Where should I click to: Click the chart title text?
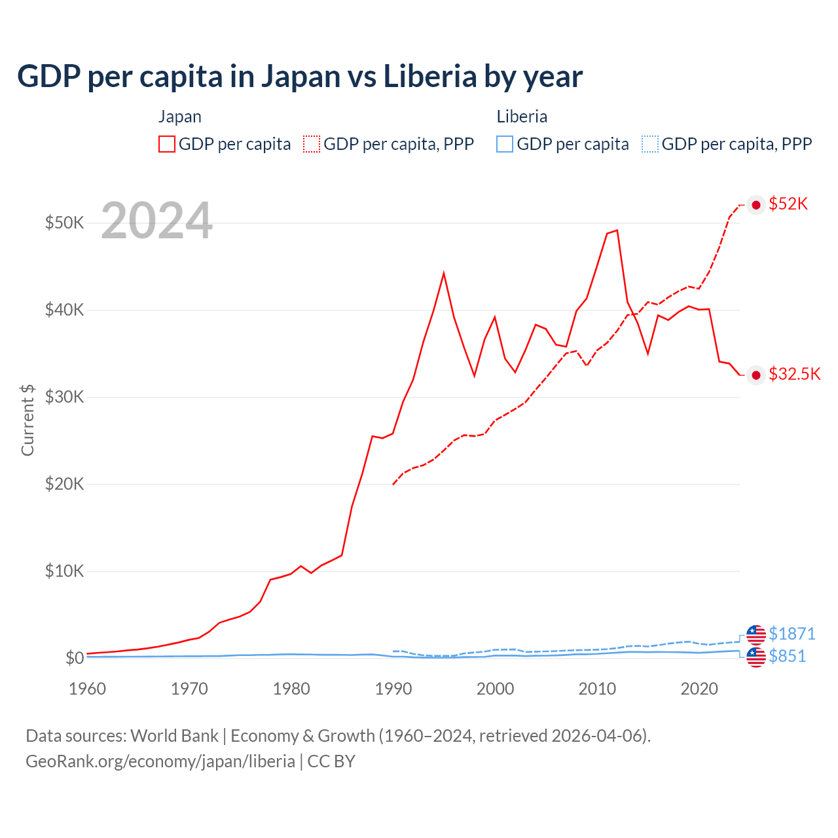pos(299,77)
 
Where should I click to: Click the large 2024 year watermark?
pos(156,221)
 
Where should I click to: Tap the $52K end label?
pos(788,204)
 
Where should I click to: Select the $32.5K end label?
pos(794,374)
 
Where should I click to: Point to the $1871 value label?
pos(792,634)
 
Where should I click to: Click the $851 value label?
pos(787,656)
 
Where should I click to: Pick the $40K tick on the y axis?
pos(64,310)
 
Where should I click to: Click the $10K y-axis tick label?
pos(64,571)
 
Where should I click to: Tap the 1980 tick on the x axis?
pos(291,689)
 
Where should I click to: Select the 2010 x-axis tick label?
pos(597,689)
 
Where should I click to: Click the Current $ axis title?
pos(27,420)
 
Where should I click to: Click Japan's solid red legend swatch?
pos(167,144)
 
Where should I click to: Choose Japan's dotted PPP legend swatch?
pos(312,144)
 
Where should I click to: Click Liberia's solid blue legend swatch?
pos(505,144)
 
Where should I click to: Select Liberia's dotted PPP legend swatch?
pos(650,144)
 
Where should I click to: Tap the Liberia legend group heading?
pos(522,117)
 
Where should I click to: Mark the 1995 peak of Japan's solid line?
pos(444,273)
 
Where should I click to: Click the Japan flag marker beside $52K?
pos(756,205)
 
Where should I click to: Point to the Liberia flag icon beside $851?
pos(756,657)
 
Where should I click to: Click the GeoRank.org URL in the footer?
pos(160,761)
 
